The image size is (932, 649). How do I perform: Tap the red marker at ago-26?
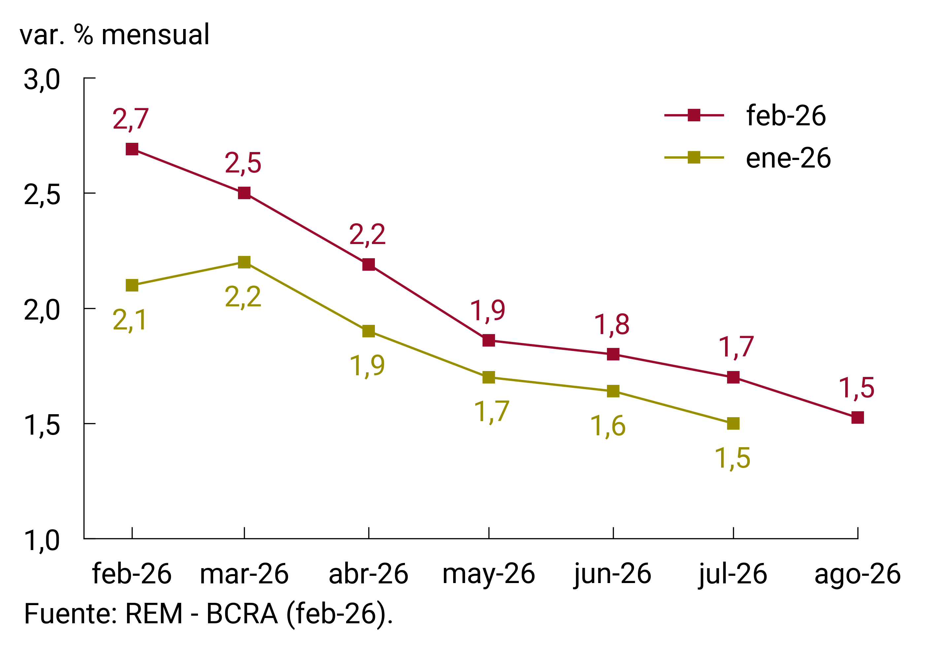pyautogui.click(x=858, y=417)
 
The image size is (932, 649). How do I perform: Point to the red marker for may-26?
pyautogui.click(x=489, y=340)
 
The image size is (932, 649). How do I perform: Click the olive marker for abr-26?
pyautogui.click(x=369, y=331)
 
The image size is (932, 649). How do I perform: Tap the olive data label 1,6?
pyautogui.click(x=608, y=426)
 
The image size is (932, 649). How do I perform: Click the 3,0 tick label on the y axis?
pyautogui.click(x=42, y=79)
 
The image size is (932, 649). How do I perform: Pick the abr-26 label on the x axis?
pyautogui.click(x=369, y=573)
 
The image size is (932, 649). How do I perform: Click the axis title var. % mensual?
pyautogui.click(x=115, y=35)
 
